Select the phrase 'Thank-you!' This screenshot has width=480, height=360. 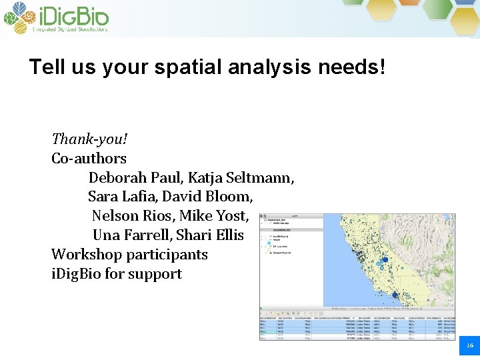click(x=89, y=139)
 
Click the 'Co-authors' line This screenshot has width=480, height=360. click(x=89, y=159)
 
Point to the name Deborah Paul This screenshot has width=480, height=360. click(x=135, y=178)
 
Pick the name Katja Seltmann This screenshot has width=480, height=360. click(x=241, y=178)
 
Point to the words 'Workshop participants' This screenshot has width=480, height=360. click(x=129, y=255)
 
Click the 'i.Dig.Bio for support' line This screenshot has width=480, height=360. click(x=117, y=274)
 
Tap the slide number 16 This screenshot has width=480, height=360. click(x=469, y=345)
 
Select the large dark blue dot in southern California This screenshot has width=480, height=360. click(x=395, y=295)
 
